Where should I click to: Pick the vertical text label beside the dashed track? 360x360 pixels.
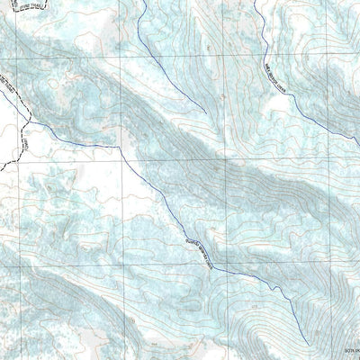25,142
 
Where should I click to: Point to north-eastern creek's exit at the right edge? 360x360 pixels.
359,143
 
